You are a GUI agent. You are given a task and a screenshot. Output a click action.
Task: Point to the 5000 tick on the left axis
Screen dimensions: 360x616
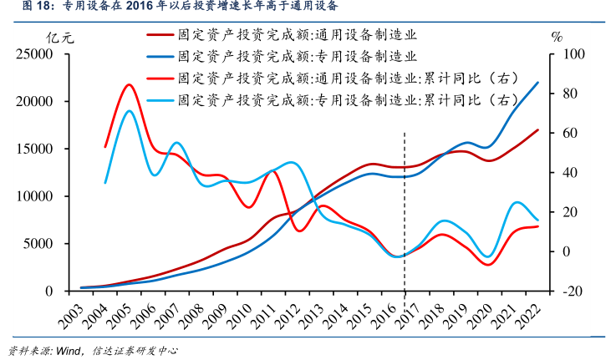pos(38,244)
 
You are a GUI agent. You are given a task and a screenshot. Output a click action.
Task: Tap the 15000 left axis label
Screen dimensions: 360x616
pos(34,150)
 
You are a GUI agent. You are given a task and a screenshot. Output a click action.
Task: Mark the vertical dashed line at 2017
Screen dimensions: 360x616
pos(405,209)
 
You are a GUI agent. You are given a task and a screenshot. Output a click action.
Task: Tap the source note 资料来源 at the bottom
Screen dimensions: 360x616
pos(92,351)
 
